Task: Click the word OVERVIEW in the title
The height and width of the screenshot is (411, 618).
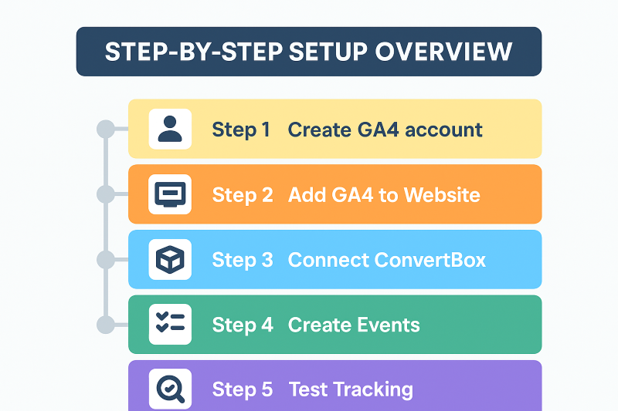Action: pos(443,52)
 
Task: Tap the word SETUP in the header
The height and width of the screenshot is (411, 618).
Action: pos(328,52)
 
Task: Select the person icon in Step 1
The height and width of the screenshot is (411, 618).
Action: pos(170,129)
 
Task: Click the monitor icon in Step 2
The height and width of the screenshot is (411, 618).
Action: pos(170,194)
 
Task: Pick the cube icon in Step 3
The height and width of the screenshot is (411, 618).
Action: pos(170,260)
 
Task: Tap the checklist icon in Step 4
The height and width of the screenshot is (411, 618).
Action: pos(170,322)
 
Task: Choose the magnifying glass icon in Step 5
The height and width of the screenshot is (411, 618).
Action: pos(170,389)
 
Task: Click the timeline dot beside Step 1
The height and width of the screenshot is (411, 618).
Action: pos(106,129)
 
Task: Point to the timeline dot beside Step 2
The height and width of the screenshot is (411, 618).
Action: pos(106,194)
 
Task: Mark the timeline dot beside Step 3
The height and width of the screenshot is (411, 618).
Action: pos(106,260)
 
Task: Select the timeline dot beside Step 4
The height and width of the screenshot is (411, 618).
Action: pos(106,325)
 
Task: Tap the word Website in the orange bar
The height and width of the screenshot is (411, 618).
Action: pos(442,194)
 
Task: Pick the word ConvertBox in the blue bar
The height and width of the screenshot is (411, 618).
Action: pos(430,260)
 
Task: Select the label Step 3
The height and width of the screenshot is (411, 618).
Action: pos(243,261)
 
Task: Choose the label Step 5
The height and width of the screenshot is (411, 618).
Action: pos(243,389)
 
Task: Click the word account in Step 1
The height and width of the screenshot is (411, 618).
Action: pos(443,130)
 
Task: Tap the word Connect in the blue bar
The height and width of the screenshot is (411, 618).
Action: pos(328,260)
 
